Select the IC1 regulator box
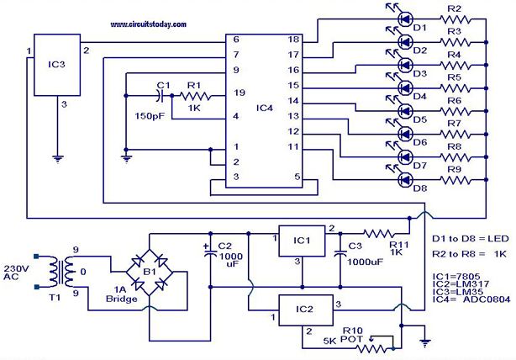coord(304,241)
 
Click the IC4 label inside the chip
coord(264,107)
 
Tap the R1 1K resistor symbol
coord(193,96)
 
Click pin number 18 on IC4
coord(294,40)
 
